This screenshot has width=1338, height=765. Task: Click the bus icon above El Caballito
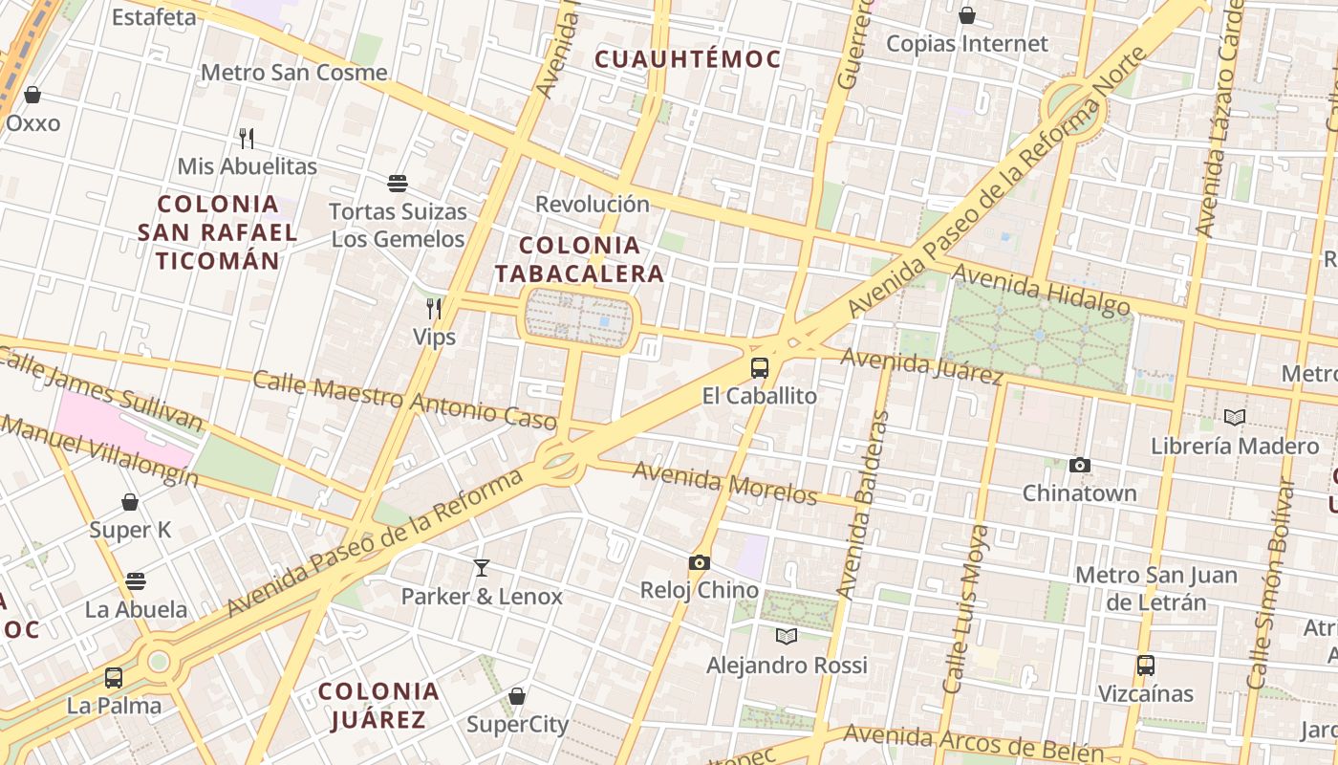pyautogui.click(x=760, y=368)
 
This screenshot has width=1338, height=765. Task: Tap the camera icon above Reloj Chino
pyautogui.click(x=700, y=562)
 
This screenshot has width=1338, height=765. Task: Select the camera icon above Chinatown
pyautogui.click(x=1080, y=466)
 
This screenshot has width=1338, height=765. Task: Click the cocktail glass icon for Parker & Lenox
pyautogui.click(x=482, y=568)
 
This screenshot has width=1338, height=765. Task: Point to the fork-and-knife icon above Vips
pyautogui.click(x=434, y=308)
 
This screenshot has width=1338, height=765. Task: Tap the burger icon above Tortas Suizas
pyautogui.click(x=398, y=183)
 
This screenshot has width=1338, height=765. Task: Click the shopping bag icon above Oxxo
pyautogui.click(x=32, y=95)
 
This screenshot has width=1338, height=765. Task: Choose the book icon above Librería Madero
pyautogui.click(x=1235, y=418)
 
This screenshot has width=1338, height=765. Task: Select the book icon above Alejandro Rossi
pyautogui.click(x=787, y=636)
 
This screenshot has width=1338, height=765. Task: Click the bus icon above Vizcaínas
pyautogui.click(x=1146, y=665)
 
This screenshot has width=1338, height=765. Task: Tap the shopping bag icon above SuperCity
pyautogui.click(x=517, y=696)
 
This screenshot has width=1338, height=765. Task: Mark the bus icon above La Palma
pyautogui.click(x=114, y=678)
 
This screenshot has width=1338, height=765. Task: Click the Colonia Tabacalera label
pyautogui.click(x=579, y=259)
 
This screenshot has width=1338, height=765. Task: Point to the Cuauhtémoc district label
pyautogui.click(x=687, y=59)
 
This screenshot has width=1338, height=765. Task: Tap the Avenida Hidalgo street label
pyautogui.click(x=1042, y=290)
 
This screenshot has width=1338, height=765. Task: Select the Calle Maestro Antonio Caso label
pyautogui.click(x=404, y=399)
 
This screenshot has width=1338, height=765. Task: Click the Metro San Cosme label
pyautogui.click(x=294, y=73)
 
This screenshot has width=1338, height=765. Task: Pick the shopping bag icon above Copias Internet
pyautogui.click(x=967, y=15)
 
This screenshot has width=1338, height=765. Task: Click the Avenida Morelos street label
pyautogui.click(x=724, y=483)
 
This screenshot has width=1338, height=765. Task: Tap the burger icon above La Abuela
pyautogui.click(x=136, y=580)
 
